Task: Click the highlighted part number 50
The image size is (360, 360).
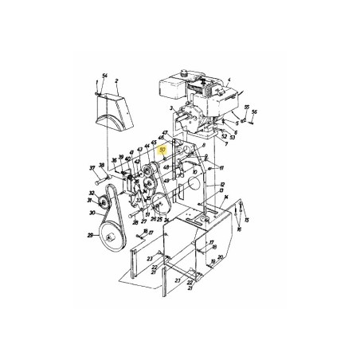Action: pos(162,149)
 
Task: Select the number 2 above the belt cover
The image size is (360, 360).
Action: pos(117,80)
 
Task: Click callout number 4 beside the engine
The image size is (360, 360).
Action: pos(229,80)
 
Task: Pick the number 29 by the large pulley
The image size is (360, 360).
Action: pos(89,237)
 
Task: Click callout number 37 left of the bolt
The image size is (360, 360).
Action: pos(92,168)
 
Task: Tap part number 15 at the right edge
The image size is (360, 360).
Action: pos(247,219)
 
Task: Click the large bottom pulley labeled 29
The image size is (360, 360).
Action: pos(108,237)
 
